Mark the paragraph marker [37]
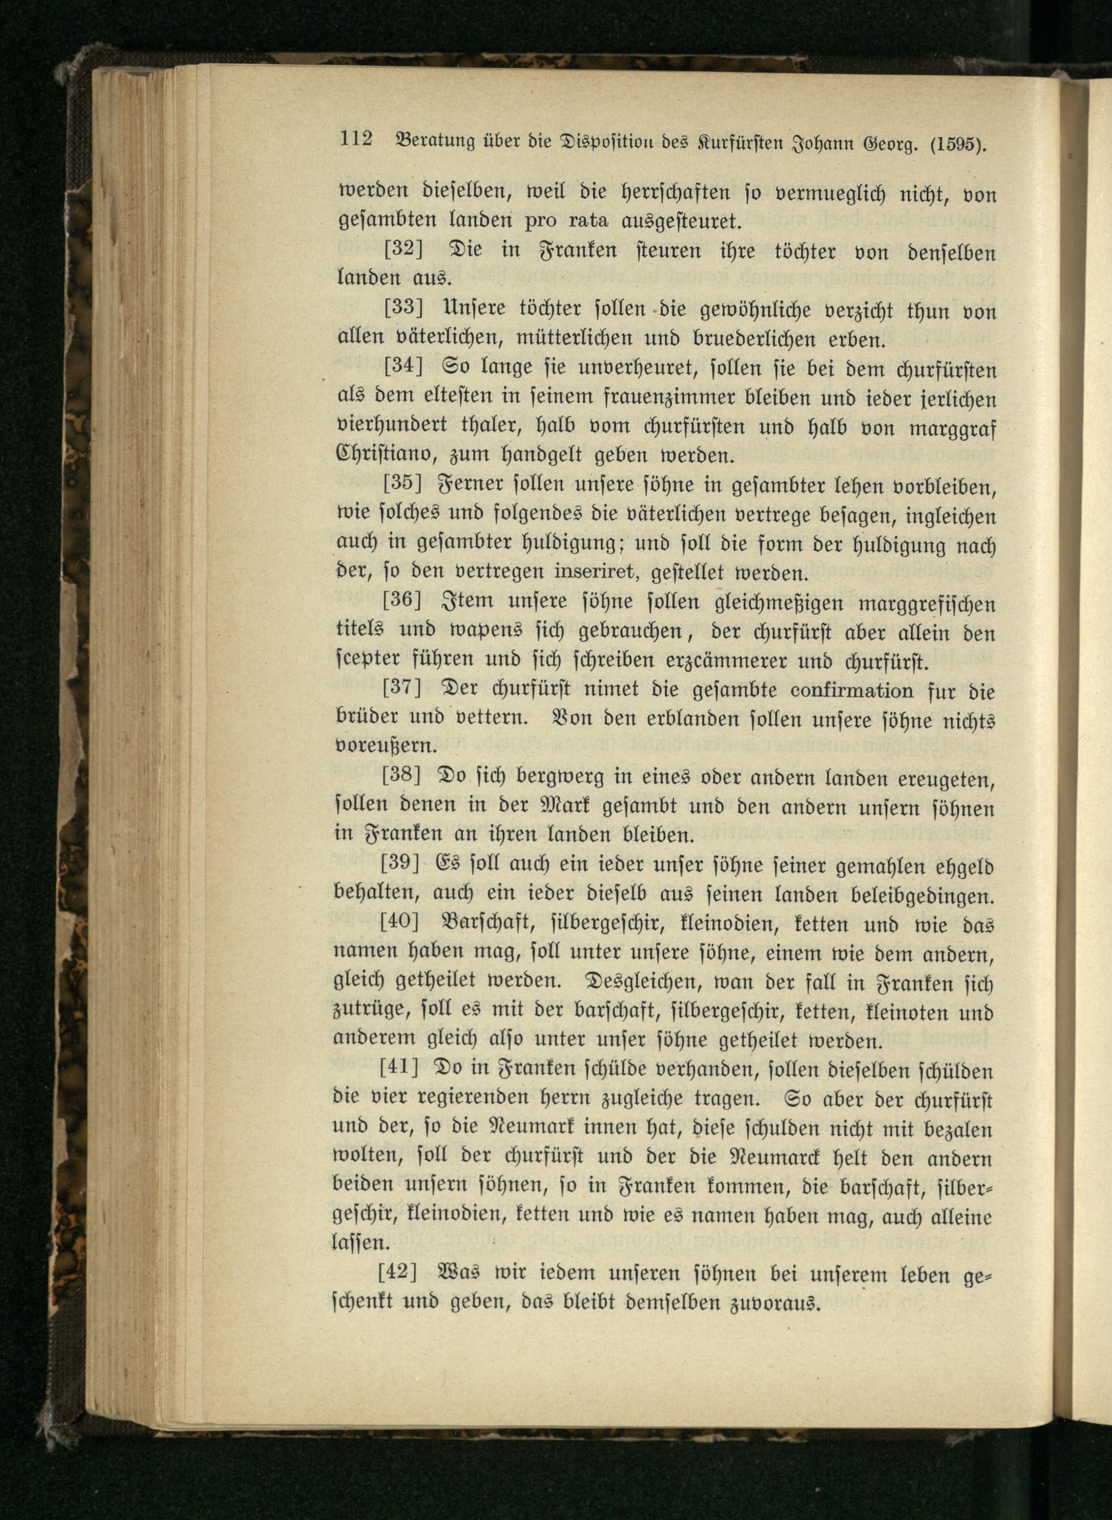point(403,689)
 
